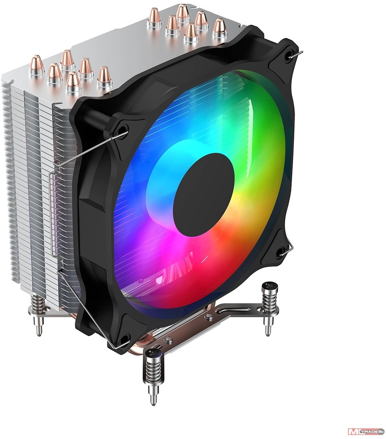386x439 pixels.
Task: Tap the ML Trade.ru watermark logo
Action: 366,431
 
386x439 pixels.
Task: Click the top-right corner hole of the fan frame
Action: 290,55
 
